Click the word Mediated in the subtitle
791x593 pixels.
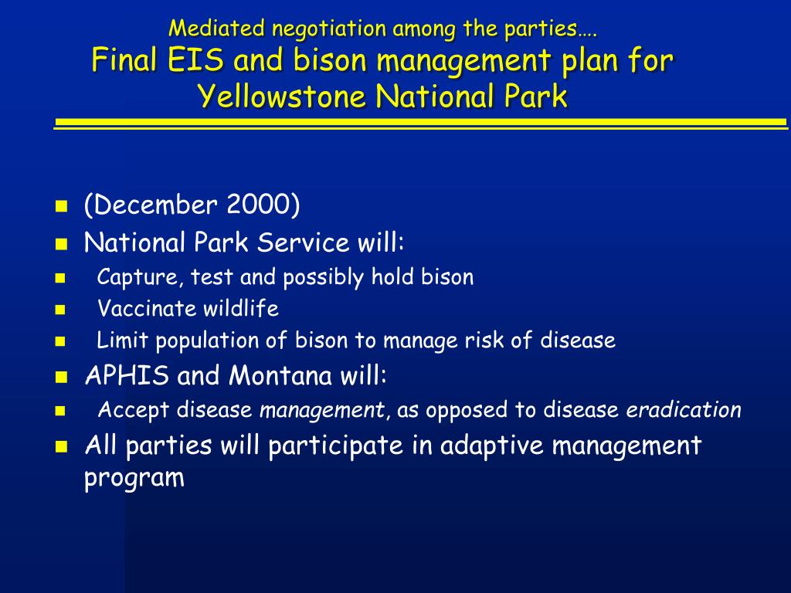tap(216, 29)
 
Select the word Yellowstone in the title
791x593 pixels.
tap(281, 96)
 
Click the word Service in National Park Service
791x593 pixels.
tap(303, 242)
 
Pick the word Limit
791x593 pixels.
tap(122, 340)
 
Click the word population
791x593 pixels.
tap(207, 341)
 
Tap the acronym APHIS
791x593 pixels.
tap(127, 375)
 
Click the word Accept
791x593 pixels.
tap(133, 409)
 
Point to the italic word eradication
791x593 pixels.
tap(684, 409)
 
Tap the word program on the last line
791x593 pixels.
tap(134, 478)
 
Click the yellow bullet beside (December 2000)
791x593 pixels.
tap(61, 205)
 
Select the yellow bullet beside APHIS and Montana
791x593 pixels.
tap(61, 377)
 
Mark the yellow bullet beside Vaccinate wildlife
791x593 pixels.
tap(60, 309)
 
